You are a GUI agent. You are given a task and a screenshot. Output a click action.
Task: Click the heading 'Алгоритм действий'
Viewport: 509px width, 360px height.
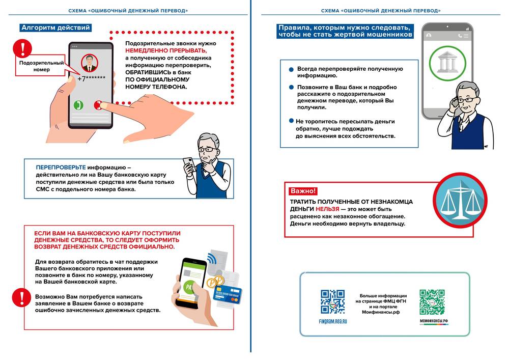point(55,28)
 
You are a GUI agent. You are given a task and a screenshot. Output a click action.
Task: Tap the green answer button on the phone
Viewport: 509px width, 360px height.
point(78,105)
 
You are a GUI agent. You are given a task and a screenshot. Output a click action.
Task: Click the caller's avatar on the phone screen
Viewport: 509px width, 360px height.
point(90,63)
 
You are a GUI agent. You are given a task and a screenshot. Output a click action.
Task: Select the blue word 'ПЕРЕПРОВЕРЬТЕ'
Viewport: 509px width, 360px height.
point(61,168)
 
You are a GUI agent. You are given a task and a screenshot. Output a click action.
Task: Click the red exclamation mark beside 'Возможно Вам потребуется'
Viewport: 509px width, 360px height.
point(20,297)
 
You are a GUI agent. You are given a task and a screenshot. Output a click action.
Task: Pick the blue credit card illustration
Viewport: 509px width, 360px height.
point(227,296)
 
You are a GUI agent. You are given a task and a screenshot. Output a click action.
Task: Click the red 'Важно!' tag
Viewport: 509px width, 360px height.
point(303,191)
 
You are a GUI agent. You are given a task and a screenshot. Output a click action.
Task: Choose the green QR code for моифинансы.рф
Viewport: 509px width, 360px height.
point(433,302)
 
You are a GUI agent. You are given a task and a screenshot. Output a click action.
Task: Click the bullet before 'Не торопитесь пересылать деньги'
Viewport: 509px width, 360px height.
point(291,121)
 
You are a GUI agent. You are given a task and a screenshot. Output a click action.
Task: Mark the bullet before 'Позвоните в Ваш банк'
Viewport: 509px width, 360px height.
point(291,87)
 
